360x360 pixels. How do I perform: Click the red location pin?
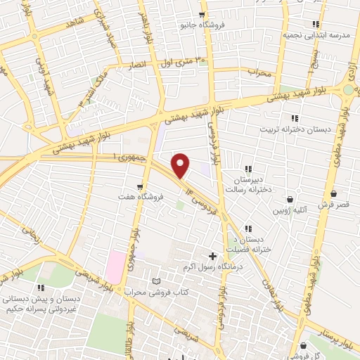[x=181, y=165]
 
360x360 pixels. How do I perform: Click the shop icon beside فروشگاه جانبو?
[x=202, y=15]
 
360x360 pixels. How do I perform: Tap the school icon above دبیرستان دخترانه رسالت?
[x=248, y=169]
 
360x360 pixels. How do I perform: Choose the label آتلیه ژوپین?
[x=290, y=210]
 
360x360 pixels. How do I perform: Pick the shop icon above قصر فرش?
[x=333, y=194]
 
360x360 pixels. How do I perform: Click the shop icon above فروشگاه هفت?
[x=141, y=186]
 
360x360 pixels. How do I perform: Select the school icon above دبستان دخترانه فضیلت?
[x=248, y=229]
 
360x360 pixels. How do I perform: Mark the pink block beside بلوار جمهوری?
[x=115, y=266]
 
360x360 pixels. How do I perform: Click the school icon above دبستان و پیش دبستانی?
[x=41, y=288]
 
